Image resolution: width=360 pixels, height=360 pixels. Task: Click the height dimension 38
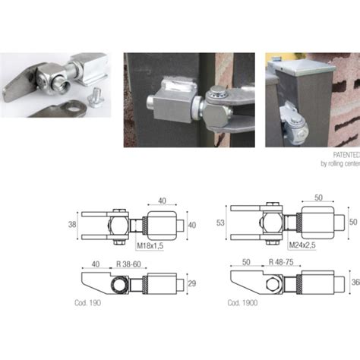(x=72, y=226)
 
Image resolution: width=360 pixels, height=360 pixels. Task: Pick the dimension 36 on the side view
(x=355, y=282)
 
